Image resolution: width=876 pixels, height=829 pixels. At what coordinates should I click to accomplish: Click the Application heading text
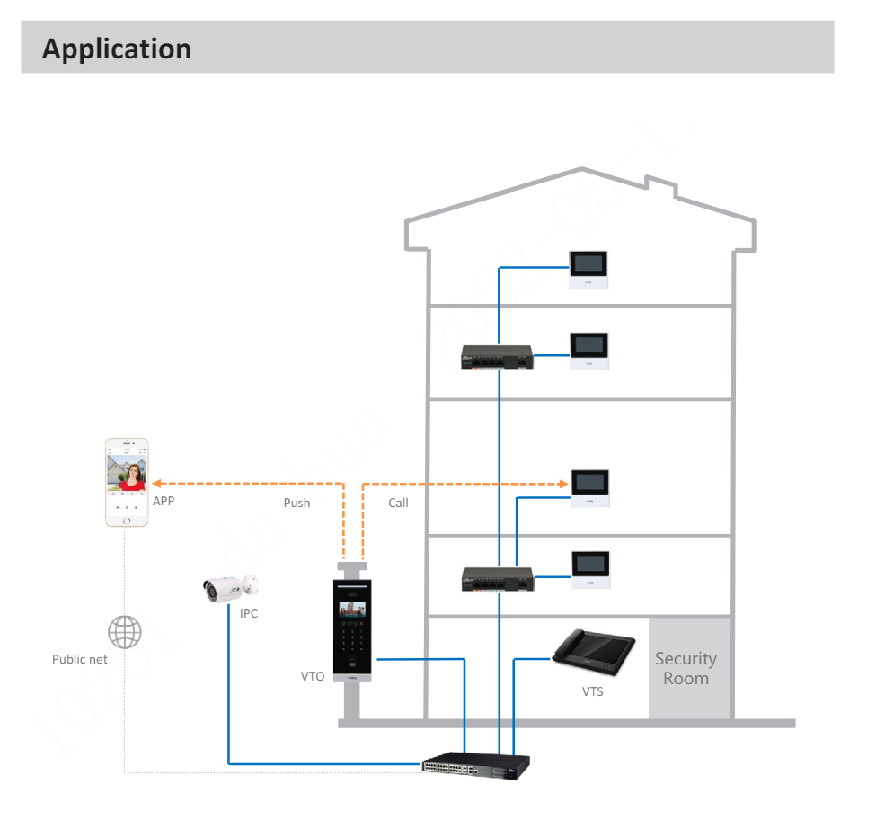(x=117, y=49)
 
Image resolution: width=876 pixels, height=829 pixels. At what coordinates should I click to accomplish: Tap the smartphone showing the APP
(x=127, y=483)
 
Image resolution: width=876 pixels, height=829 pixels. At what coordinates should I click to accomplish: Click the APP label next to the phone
(x=164, y=501)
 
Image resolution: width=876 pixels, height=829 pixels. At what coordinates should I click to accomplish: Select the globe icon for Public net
(x=124, y=632)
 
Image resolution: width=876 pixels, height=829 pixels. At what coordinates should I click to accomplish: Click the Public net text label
(x=80, y=659)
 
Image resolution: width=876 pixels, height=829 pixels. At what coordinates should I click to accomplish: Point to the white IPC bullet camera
(x=230, y=588)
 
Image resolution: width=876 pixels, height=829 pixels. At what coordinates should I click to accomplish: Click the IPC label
(x=249, y=614)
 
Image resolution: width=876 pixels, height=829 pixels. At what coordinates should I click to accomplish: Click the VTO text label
(x=313, y=676)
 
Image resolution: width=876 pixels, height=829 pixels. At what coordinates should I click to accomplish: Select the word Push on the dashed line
(x=296, y=503)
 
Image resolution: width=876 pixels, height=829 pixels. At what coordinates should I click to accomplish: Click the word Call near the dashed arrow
(x=398, y=503)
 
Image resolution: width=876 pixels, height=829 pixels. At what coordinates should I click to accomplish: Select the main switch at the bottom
(x=476, y=766)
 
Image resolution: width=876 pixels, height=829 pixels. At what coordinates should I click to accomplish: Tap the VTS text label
(x=592, y=691)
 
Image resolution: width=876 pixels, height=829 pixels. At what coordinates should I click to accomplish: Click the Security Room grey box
(x=686, y=668)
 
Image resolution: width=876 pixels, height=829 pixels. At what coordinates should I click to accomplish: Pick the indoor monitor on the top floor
(x=590, y=269)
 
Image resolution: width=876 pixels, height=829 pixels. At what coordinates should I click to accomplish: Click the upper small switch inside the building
(x=497, y=357)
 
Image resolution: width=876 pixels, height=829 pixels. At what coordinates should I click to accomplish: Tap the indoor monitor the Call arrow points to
(x=590, y=488)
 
